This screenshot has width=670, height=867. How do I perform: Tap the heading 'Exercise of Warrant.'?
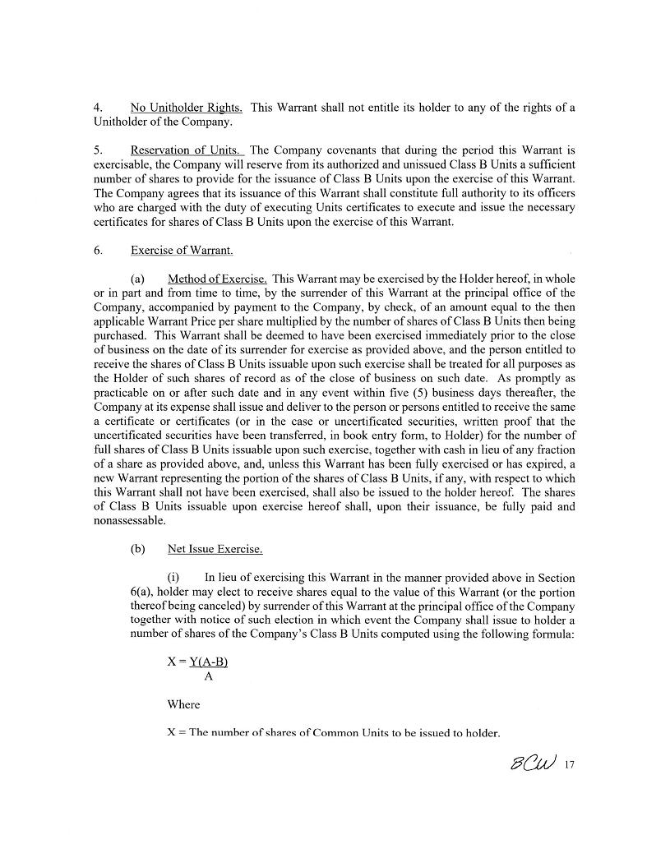point(181,250)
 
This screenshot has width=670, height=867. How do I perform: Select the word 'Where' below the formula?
point(183,704)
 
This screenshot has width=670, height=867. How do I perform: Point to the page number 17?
point(569,765)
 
